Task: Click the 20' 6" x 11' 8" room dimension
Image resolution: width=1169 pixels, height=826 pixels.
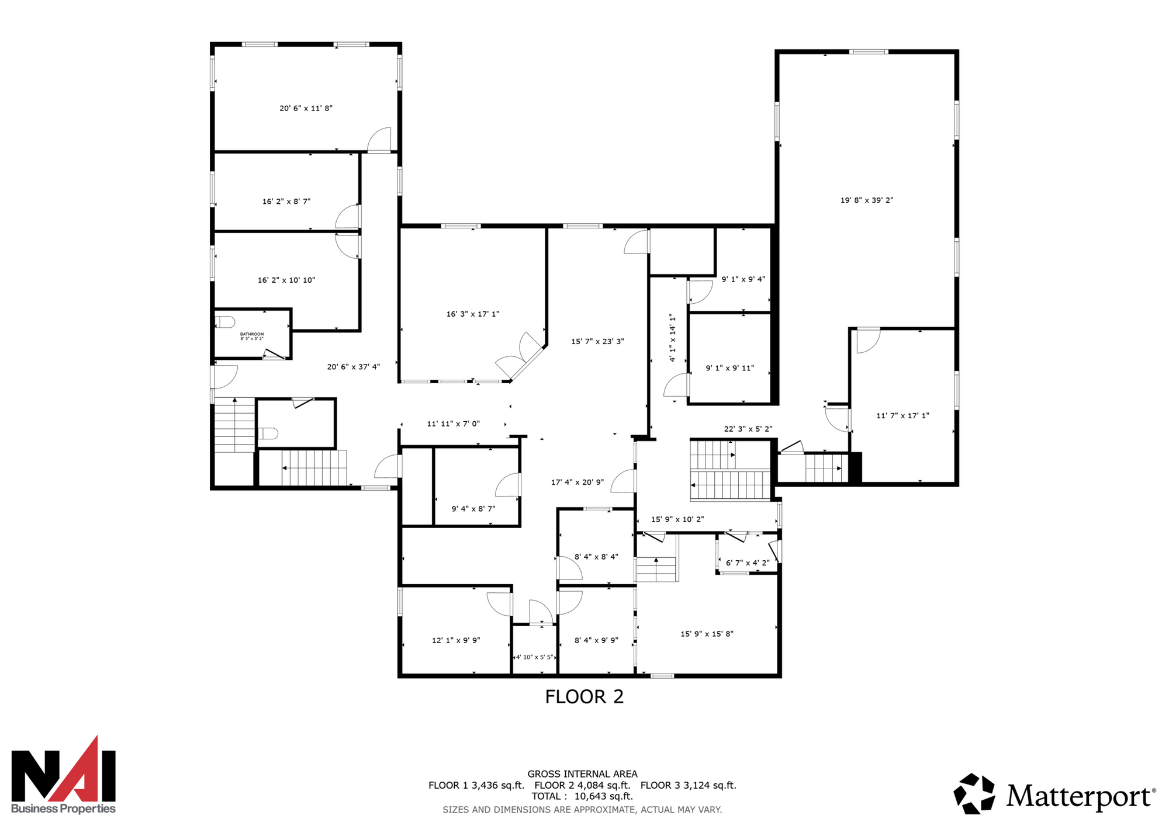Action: pyautogui.click(x=306, y=108)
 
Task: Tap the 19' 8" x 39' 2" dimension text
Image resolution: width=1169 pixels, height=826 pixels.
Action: pyautogui.click(x=867, y=200)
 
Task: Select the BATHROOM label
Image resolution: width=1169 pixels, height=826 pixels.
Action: pyautogui.click(x=252, y=334)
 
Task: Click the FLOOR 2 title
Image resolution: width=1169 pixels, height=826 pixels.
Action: pyautogui.click(x=584, y=696)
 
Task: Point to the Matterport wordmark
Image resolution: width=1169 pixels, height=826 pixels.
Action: pyautogui.click(x=1081, y=795)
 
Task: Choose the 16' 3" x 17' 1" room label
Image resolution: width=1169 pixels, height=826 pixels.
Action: pyautogui.click(x=473, y=314)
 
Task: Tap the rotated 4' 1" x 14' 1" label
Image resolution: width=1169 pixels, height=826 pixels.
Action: pyautogui.click(x=672, y=338)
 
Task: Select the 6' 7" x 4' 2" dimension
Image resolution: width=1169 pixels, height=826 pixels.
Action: pyautogui.click(x=748, y=563)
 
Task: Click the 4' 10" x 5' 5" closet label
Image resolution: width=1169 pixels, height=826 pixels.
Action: pyautogui.click(x=535, y=657)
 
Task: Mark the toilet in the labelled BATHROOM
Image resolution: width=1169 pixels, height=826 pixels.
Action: pyautogui.click(x=225, y=322)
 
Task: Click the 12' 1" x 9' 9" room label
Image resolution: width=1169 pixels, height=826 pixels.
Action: pyautogui.click(x=456, y=640)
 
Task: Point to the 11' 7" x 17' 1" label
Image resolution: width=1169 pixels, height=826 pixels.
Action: pyautogui.click(x=902, y=416)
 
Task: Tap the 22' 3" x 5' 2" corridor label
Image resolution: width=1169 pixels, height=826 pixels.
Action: pyautogui.click(x=748, y=429)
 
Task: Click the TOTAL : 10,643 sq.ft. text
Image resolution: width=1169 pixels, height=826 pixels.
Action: pyautogui.click(x=582, y=796)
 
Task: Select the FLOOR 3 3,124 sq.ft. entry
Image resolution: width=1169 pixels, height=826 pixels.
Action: pyautogui.click(x=689, y=785)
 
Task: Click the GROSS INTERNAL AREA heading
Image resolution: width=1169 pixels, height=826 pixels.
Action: pyautogui.click(x=583, y=774)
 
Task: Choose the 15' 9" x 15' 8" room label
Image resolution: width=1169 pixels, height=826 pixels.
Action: pyautogui.click(x=707, y=634)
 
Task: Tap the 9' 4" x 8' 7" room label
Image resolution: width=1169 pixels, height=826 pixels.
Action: pyautogui.click(x=473, y=509)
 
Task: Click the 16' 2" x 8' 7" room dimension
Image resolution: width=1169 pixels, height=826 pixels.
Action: pyautogui.click(x=286, y=202)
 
